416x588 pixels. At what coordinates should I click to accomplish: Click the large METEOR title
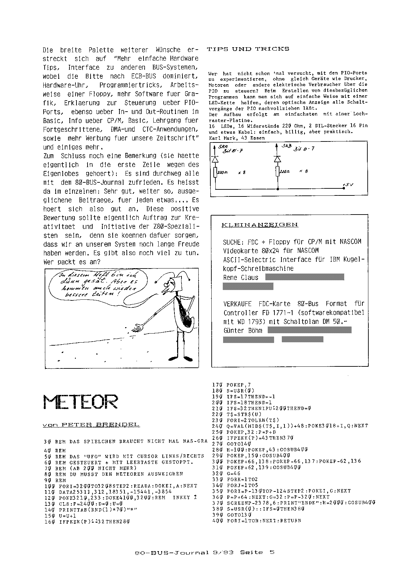click(81, 401)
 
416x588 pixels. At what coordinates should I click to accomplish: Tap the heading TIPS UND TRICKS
click(248, 49)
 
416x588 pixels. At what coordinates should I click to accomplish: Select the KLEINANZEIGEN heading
click(260, 225)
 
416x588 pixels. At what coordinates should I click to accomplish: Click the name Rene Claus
click(241, 278)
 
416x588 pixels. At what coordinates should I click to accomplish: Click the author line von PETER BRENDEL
click(91, 425)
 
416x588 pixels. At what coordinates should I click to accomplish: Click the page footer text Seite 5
click(257, 552)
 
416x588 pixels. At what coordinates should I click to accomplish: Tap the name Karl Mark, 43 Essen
click(237, 138)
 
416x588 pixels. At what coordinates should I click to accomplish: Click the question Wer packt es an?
click(72, 262)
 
